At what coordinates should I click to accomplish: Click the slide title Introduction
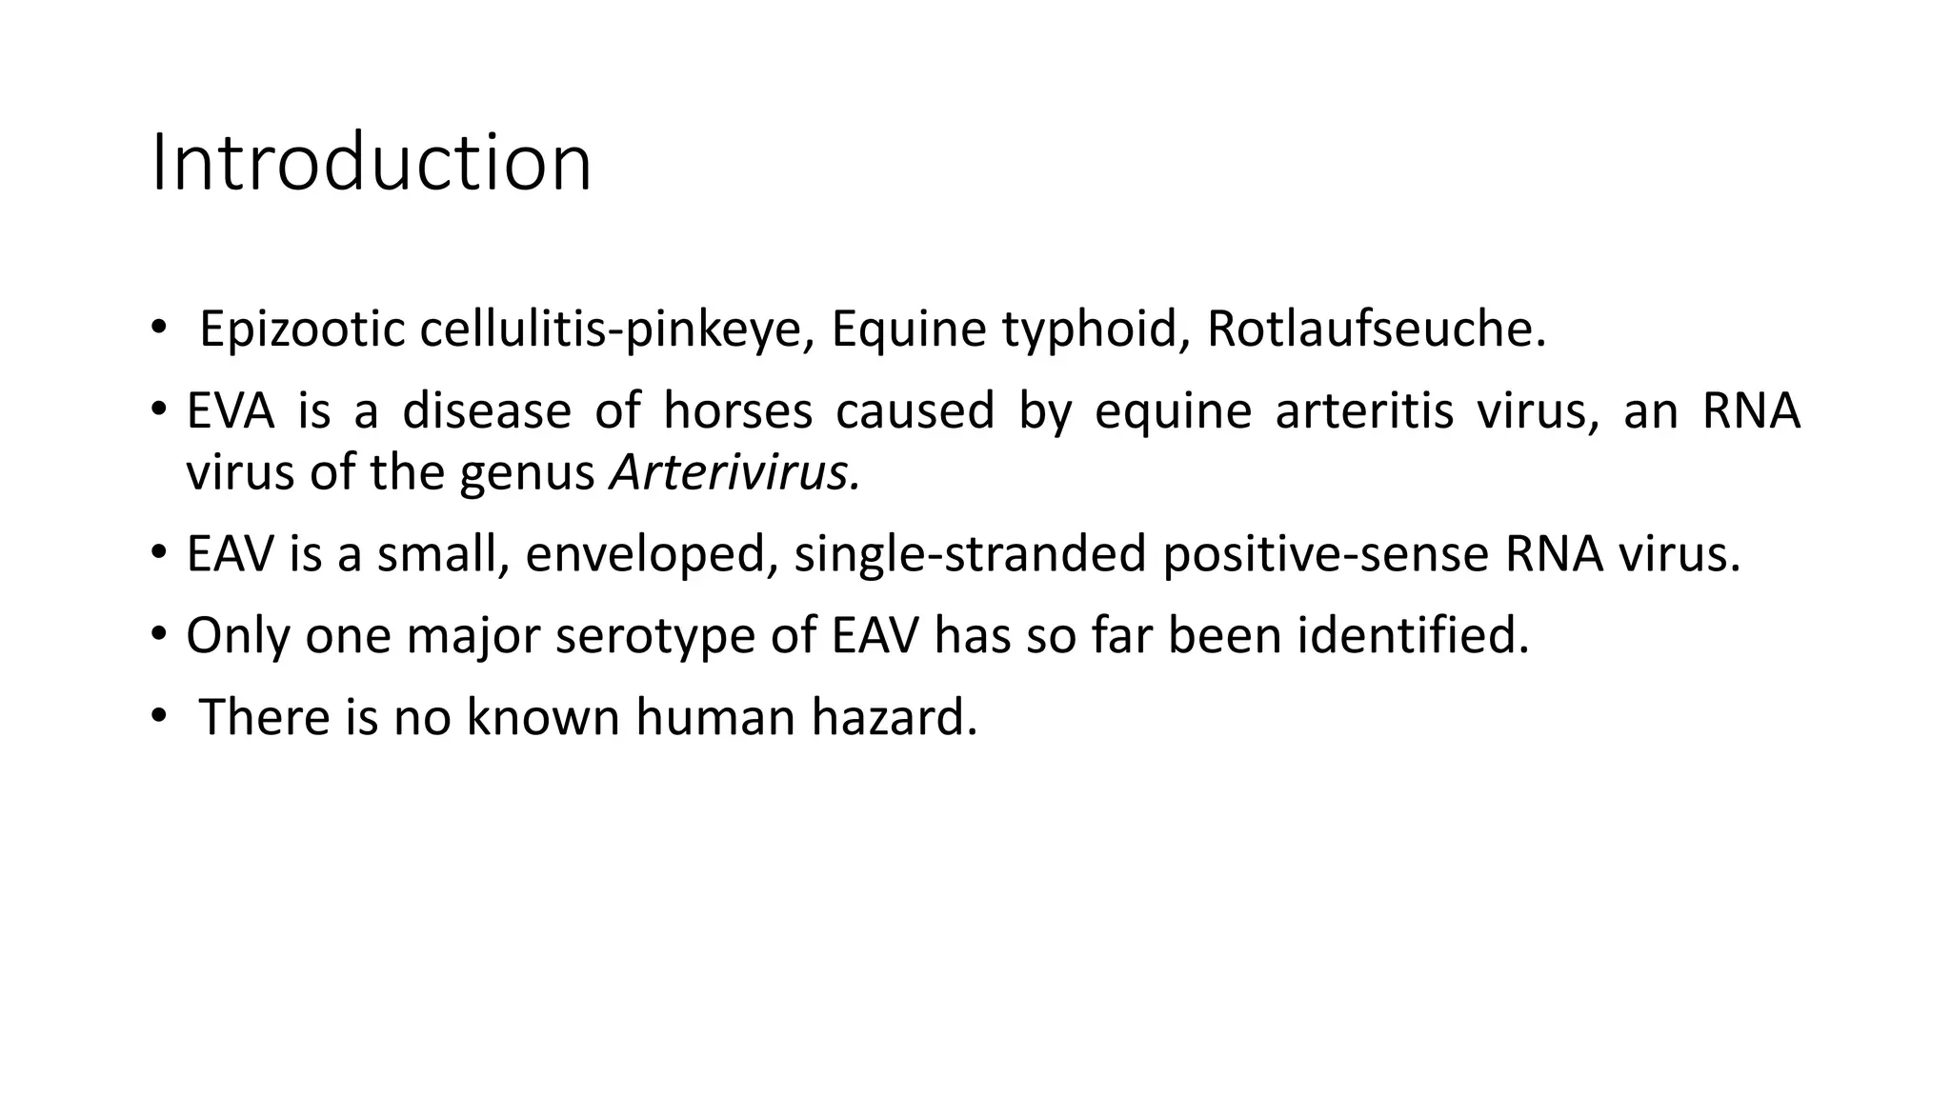tap(372, 164)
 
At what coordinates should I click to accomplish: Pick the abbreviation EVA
tap(231, 411)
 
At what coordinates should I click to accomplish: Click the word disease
tap(486, 411)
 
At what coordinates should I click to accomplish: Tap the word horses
tap(737, 411)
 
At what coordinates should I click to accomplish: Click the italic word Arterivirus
tap(734, 472)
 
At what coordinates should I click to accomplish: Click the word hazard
tap(895, 717)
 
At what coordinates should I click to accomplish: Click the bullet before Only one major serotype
tap(158, 634)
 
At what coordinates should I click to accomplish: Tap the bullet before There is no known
tap(158, 715)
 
